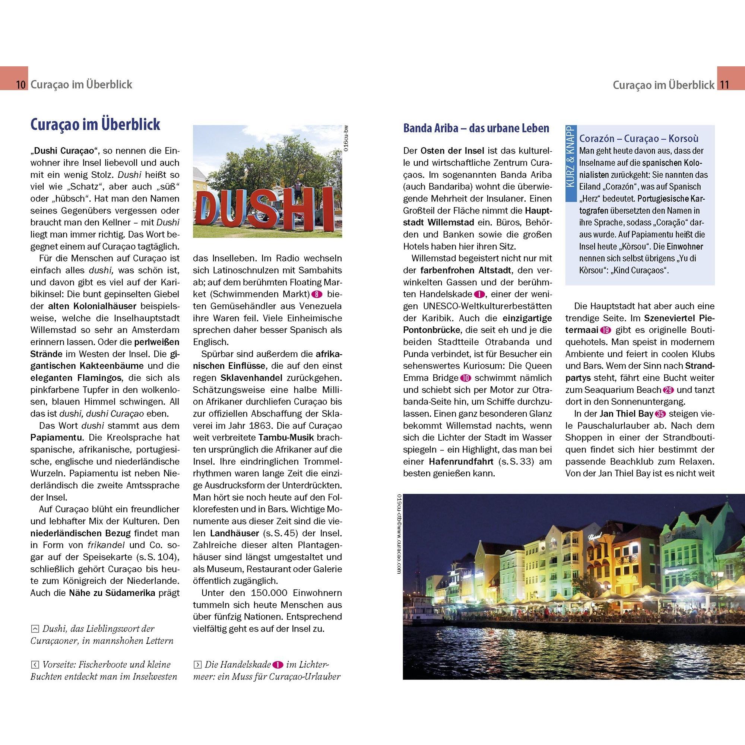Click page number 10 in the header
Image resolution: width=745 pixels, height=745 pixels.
[21, 85]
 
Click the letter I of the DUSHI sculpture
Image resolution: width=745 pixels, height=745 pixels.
[327, 207]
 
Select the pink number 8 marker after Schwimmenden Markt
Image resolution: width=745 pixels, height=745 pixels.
[316, 294]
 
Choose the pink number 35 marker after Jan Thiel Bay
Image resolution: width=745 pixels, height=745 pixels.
[660, 414]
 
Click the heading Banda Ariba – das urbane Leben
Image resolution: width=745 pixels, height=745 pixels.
[476, 129]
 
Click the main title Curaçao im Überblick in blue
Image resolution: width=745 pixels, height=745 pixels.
[95, 125]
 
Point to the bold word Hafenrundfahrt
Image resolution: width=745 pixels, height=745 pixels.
[461, 462]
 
